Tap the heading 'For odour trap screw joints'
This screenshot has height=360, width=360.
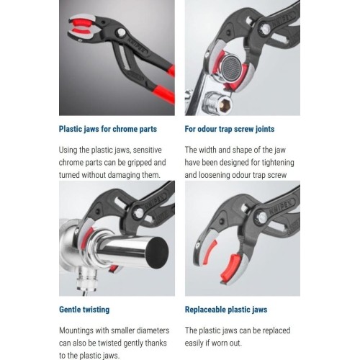[x=229, y=130]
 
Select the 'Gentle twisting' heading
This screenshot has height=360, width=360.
[x=84, y=310]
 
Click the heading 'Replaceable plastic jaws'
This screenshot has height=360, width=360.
[x=225, y=310]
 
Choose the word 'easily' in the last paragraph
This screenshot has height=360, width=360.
[x=197, y=343]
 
